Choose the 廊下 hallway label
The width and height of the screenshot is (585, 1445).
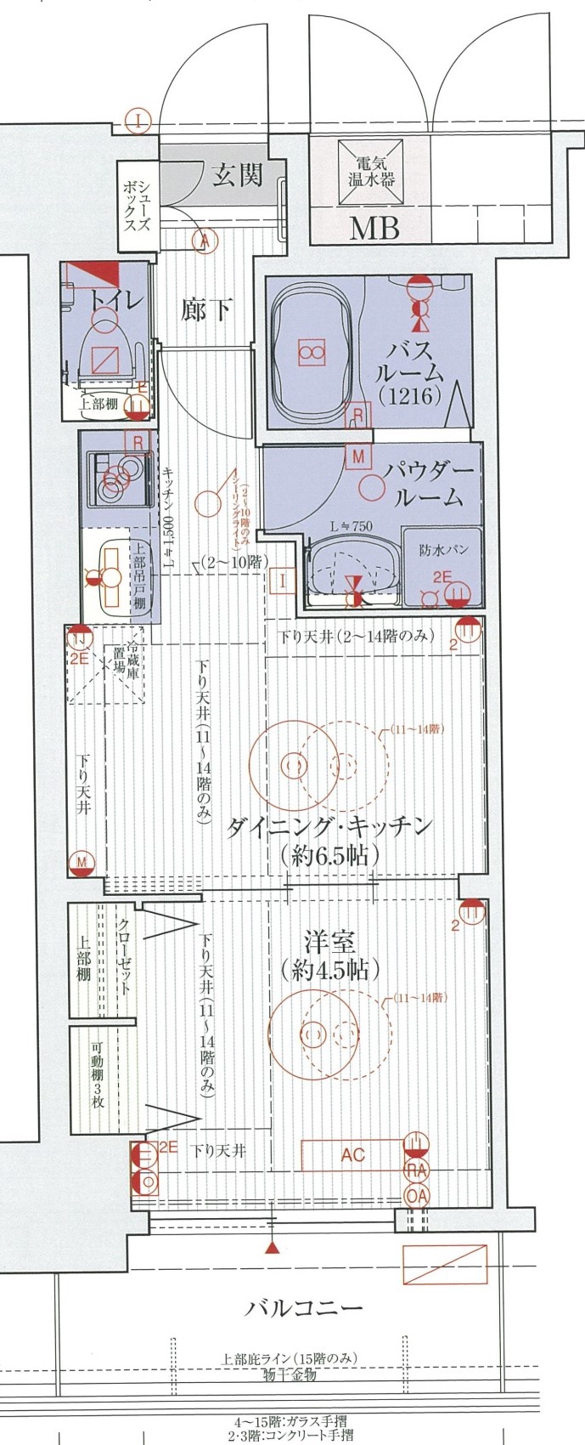pyautogui.click(x=206, y=309)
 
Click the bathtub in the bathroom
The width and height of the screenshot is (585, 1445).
pyautogui.click(x=311, y=353)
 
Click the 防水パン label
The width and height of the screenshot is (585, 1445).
pyautogui.click(x=443, y=550)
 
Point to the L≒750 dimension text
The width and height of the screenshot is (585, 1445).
pyautogui.click(x=351, y=527)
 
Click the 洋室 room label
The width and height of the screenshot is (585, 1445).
pyautogui.click(x=329, y=943)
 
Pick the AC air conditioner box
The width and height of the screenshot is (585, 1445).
pyautogui.click(x=352, y=1155)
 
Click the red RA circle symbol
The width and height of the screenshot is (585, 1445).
pyautogui.click(x=417, y=1171)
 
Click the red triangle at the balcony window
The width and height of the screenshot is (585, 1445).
pyautogui.click(x=272, y=1248)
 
